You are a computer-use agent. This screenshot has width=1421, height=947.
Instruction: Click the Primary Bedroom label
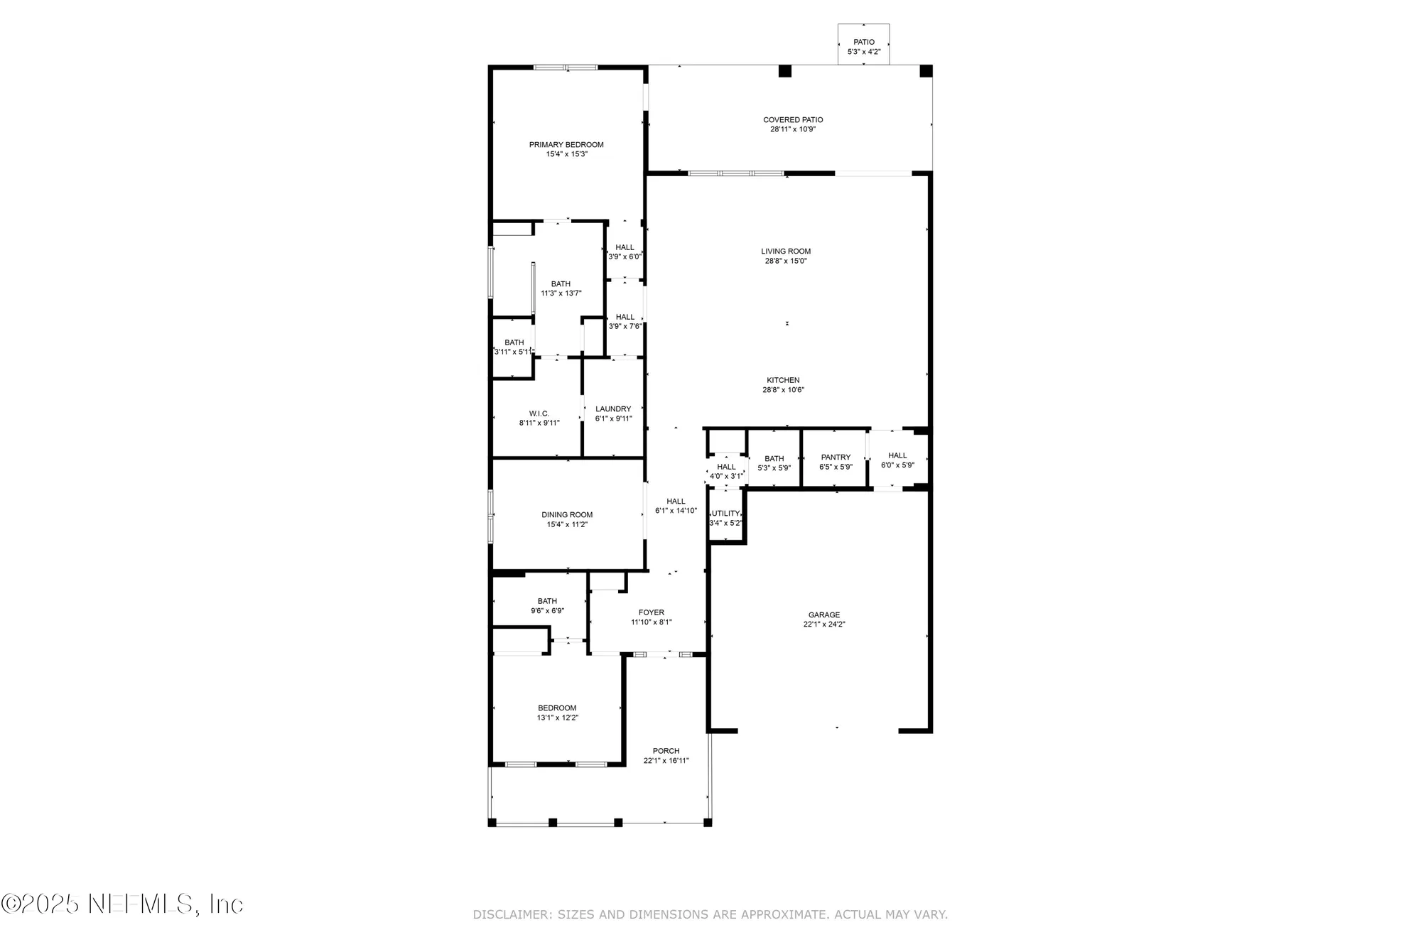pyautogui.click(x=566, y=145)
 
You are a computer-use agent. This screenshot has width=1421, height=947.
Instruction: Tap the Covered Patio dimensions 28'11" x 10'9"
pyautogui.click(x=793, y=129)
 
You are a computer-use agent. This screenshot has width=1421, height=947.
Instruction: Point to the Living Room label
pyautogui.click(x=786, y=251)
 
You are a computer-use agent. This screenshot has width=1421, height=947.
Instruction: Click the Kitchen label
pyautogui.click(x=783, y=381)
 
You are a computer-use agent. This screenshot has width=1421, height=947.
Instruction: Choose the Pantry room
pyautogui.click(x=835, y=462)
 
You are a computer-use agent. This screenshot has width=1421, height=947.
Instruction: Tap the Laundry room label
pyautogui.click(x=613, y=409)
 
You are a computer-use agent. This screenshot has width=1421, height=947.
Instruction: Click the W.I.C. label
pyautogui.click(x=539, y=413)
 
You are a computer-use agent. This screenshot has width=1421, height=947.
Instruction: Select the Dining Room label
pyautogui.click(x=567, y=515)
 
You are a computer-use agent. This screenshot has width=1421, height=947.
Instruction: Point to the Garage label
pyautogui.click(x=823, y=615)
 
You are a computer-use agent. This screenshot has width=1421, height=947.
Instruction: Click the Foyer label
pyautogui.click(x=651, y=612)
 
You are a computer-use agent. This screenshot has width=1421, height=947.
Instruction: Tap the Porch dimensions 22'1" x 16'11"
pyautogui.click(x=666, y=761)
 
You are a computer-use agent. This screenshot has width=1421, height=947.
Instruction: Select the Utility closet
pyautogui.click(x=726, y=518)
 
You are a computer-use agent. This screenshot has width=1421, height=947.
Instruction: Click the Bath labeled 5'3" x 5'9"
pyautogui.click(x=774, y=463)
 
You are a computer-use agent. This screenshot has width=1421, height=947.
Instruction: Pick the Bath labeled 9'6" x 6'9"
pyautogui.click(x=547, y=606)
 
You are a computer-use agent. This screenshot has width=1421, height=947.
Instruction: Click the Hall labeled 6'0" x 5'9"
pyautogui.click(x=897, y=460)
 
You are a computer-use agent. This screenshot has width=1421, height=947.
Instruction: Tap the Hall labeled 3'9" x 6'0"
pyautogui.click(x=625, y=252)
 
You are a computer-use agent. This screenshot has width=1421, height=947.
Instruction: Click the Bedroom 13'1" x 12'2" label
pyautogui.click(x=557, y=708)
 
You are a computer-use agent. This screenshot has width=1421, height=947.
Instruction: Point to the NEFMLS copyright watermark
pyautogui.click(x=122, y=904)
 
